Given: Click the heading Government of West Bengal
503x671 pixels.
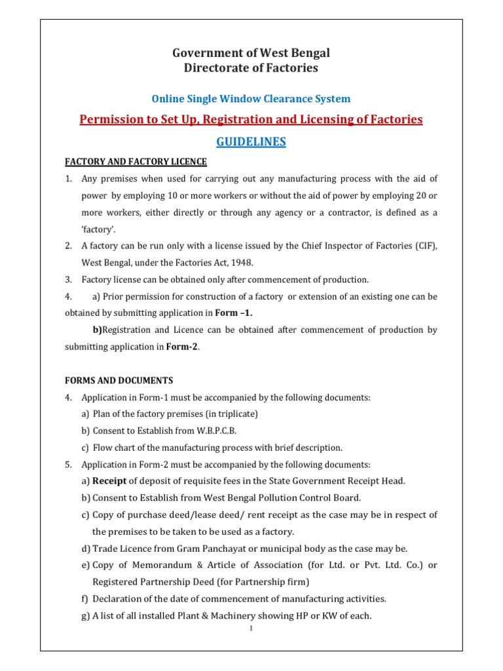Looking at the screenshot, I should pos(251,53).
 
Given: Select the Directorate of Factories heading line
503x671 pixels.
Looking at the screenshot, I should pos(251,67).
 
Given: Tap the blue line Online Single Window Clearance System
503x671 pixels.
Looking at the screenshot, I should pos(251,99).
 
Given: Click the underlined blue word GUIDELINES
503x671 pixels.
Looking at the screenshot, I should pos(251,142).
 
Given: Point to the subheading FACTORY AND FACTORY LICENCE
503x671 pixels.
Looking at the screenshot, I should pos(135,162).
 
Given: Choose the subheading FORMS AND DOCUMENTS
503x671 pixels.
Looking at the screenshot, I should pos(118,381).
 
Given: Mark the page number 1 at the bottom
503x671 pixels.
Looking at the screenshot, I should pos(251,629).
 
